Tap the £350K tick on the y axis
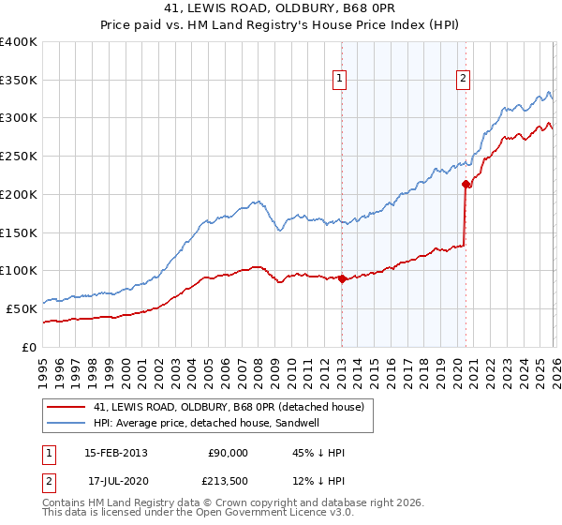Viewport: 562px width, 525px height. (19, 80)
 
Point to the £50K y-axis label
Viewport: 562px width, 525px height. (22, 308)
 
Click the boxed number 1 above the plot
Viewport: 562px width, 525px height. (339, 80)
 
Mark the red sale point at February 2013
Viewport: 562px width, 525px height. (342, 278)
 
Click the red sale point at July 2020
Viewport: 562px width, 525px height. (466, 184)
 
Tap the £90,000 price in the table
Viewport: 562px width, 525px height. (228, 453)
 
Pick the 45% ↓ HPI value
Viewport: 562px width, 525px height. (318, 453)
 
